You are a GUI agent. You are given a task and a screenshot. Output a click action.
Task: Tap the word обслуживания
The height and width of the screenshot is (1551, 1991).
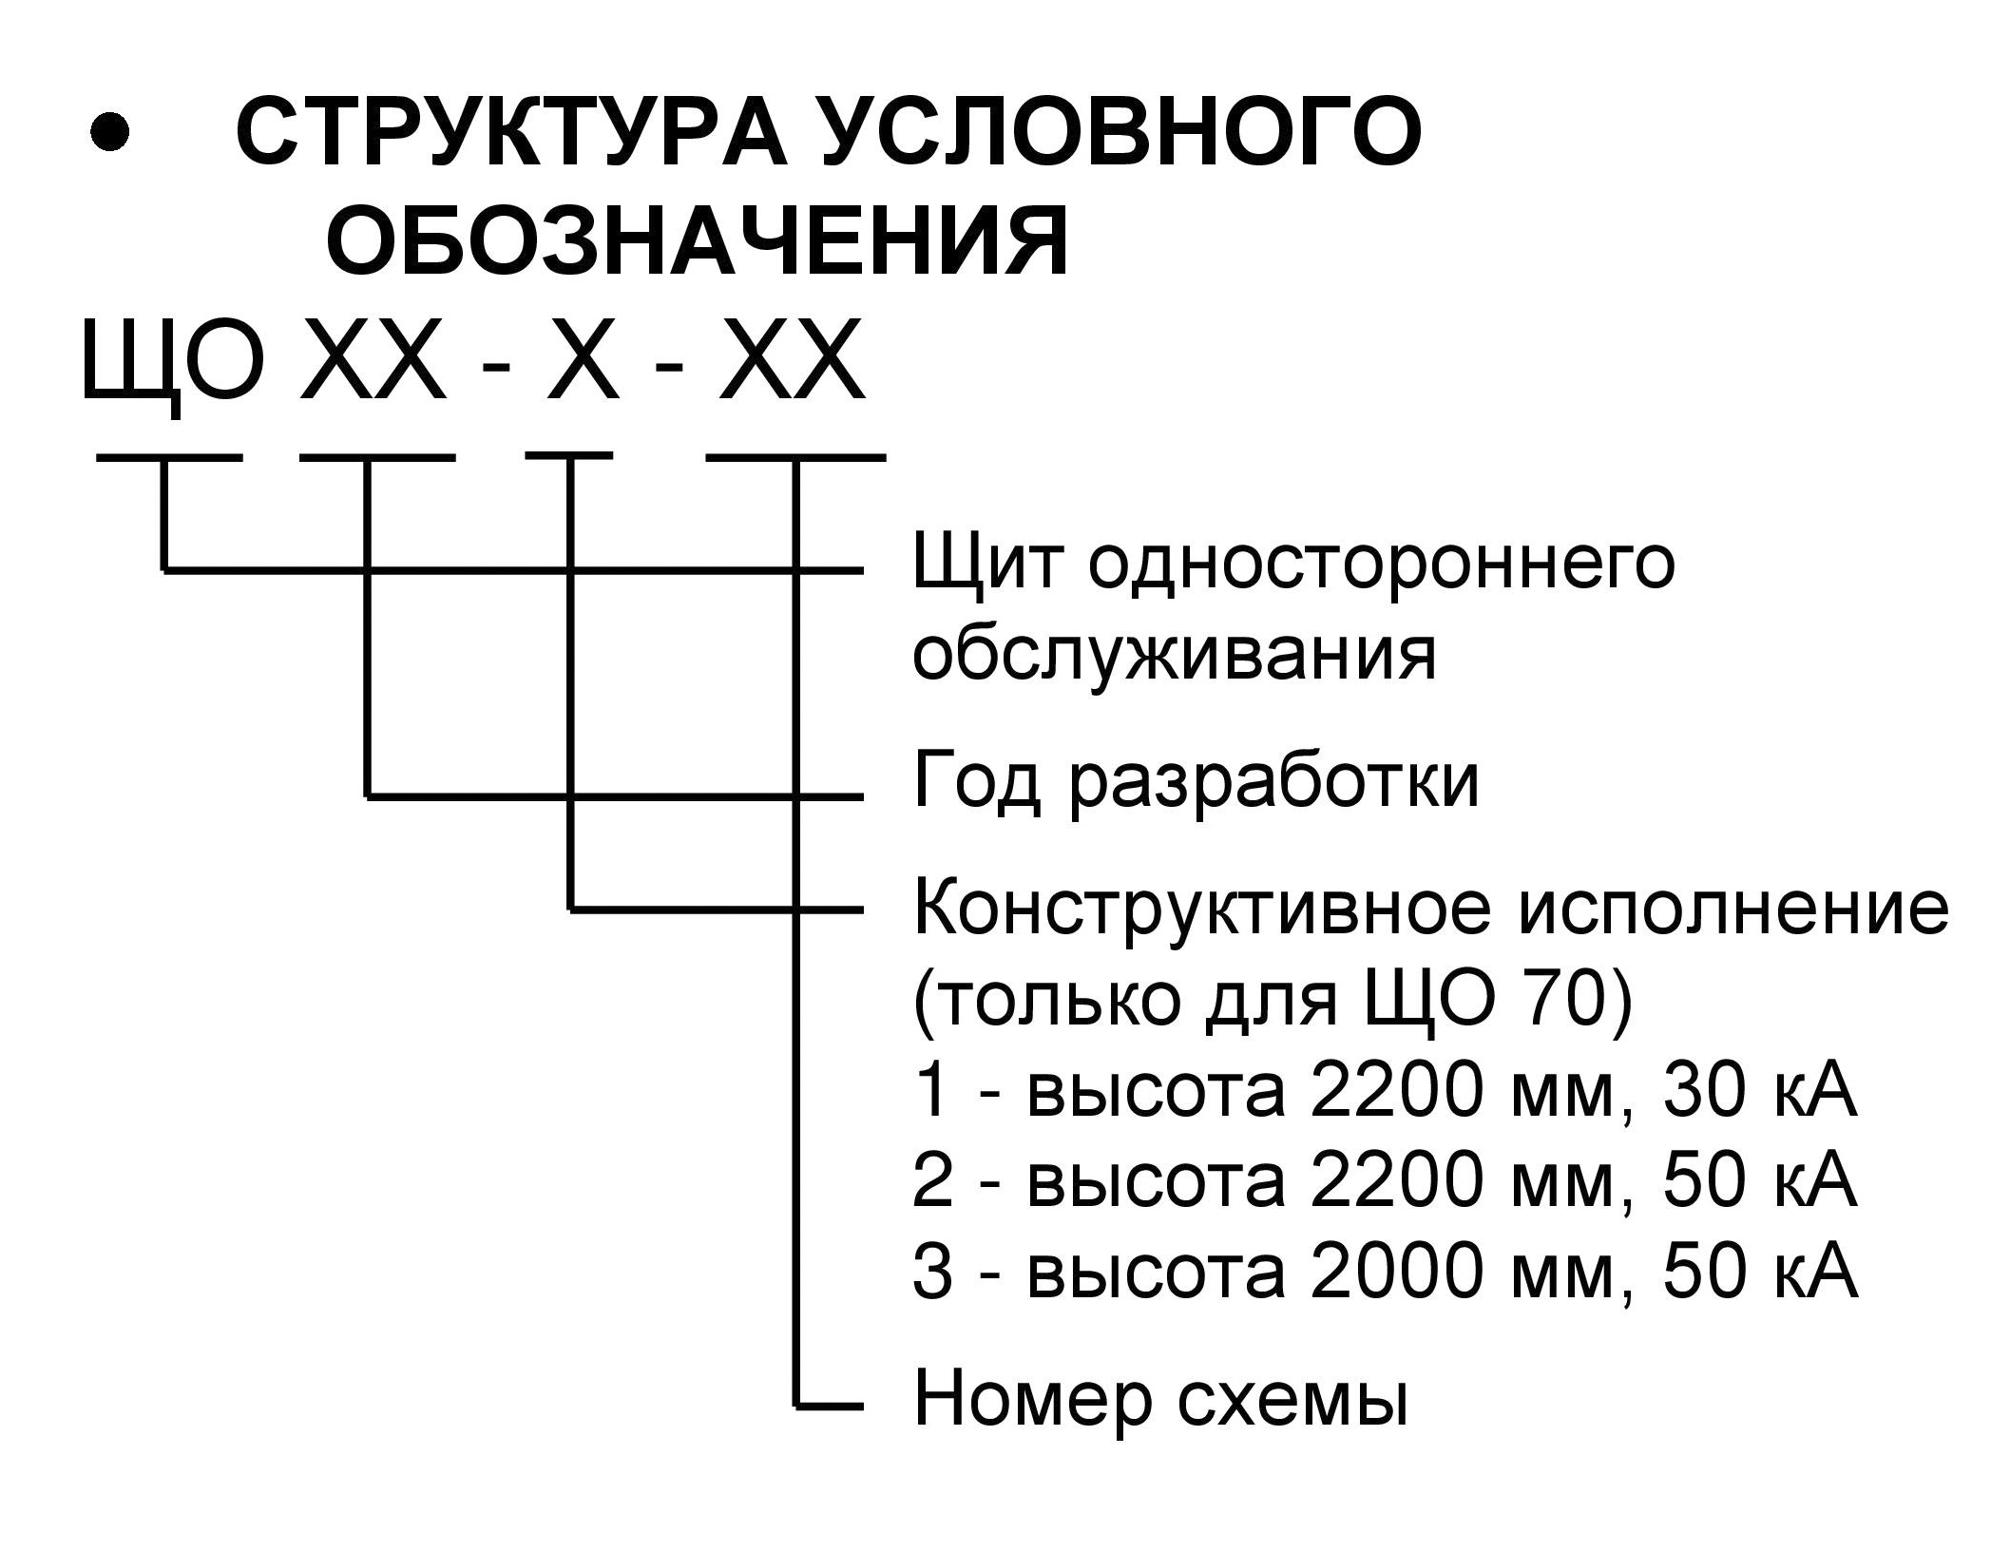click(1175, 656)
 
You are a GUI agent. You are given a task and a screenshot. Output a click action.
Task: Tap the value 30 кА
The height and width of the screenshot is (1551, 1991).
click(1759, 1093)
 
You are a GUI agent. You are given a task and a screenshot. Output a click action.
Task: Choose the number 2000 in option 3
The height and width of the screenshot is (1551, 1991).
click(1395, 1273)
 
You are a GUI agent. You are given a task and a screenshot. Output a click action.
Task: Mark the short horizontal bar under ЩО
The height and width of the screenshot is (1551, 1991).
click(169, 459)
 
